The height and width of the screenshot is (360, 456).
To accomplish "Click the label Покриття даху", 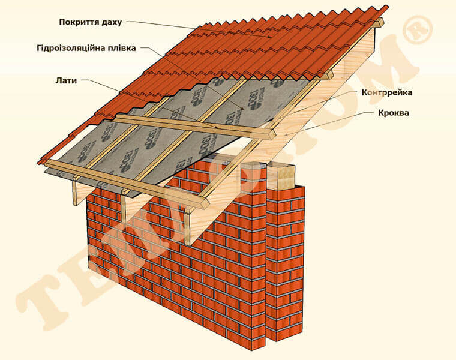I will click(90, 22).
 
